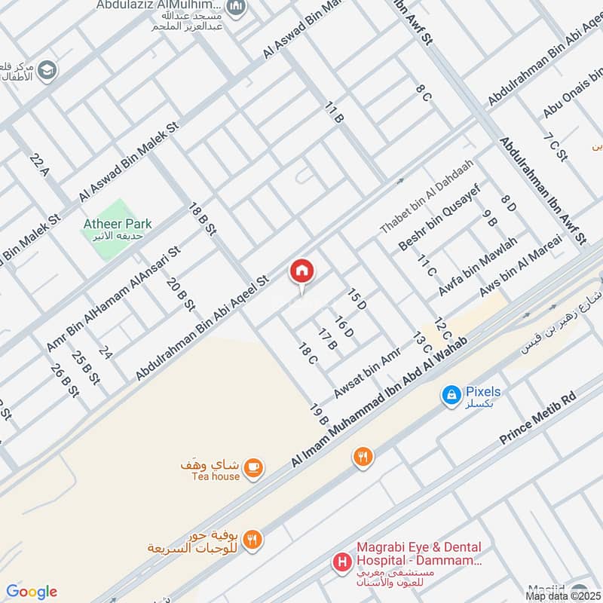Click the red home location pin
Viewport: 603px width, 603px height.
coord(302,272)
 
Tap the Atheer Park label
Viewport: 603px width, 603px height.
coord(118,224)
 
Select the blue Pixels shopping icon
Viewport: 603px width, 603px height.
coord(451,394)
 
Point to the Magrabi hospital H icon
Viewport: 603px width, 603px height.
coord(342,562)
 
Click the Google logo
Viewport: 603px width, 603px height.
coord(32,592)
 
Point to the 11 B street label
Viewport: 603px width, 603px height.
coord(335,115)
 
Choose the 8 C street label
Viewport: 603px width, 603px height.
coord(424,93)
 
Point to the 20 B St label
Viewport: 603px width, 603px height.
coord(181,295)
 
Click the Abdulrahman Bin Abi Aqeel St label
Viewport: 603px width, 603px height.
coord(202,328)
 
